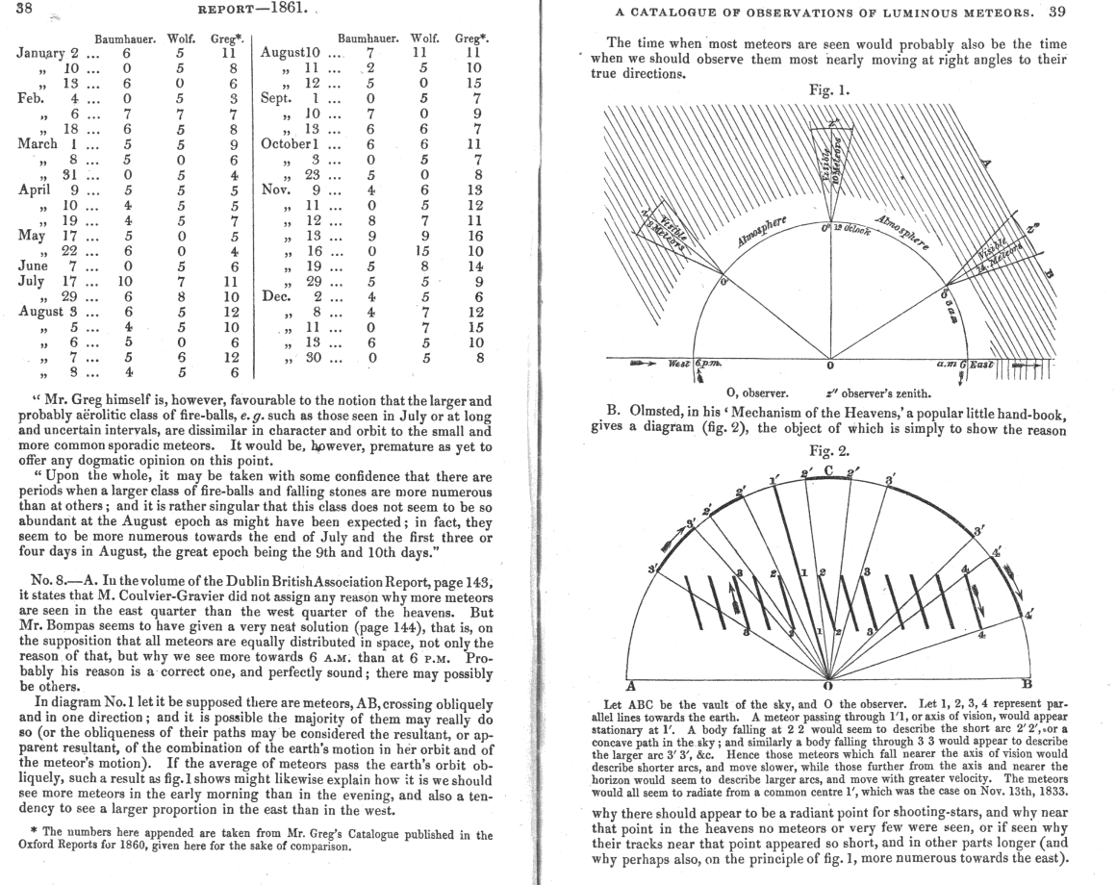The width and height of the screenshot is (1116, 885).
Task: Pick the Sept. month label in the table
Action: click(x=279, y=97)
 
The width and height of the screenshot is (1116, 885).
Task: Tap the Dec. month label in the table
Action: click(x=279, y=297)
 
